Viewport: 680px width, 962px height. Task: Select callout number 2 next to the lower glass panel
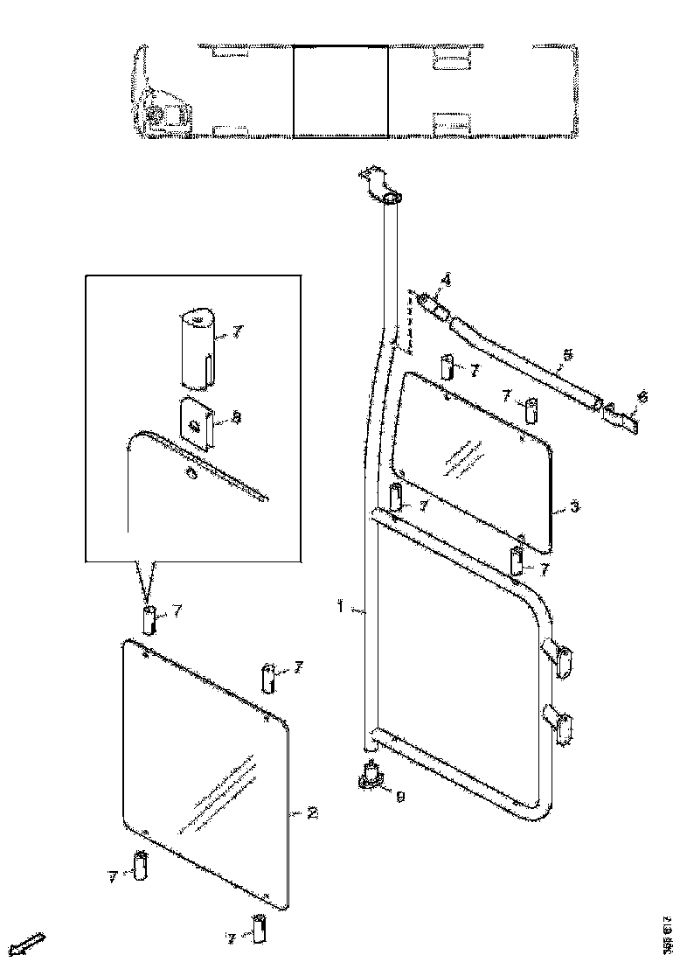click(312, 813)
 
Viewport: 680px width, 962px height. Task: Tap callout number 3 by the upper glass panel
click(574, 506)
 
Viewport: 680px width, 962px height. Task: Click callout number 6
click(643, 396)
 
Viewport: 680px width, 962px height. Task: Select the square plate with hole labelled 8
click(198, 423)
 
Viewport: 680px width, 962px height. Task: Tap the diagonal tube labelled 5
click(524, 361)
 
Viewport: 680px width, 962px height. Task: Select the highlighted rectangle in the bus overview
click(340, 92)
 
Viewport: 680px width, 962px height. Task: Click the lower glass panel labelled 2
click(205, 770)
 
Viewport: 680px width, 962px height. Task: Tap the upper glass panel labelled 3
click(472, 464)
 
